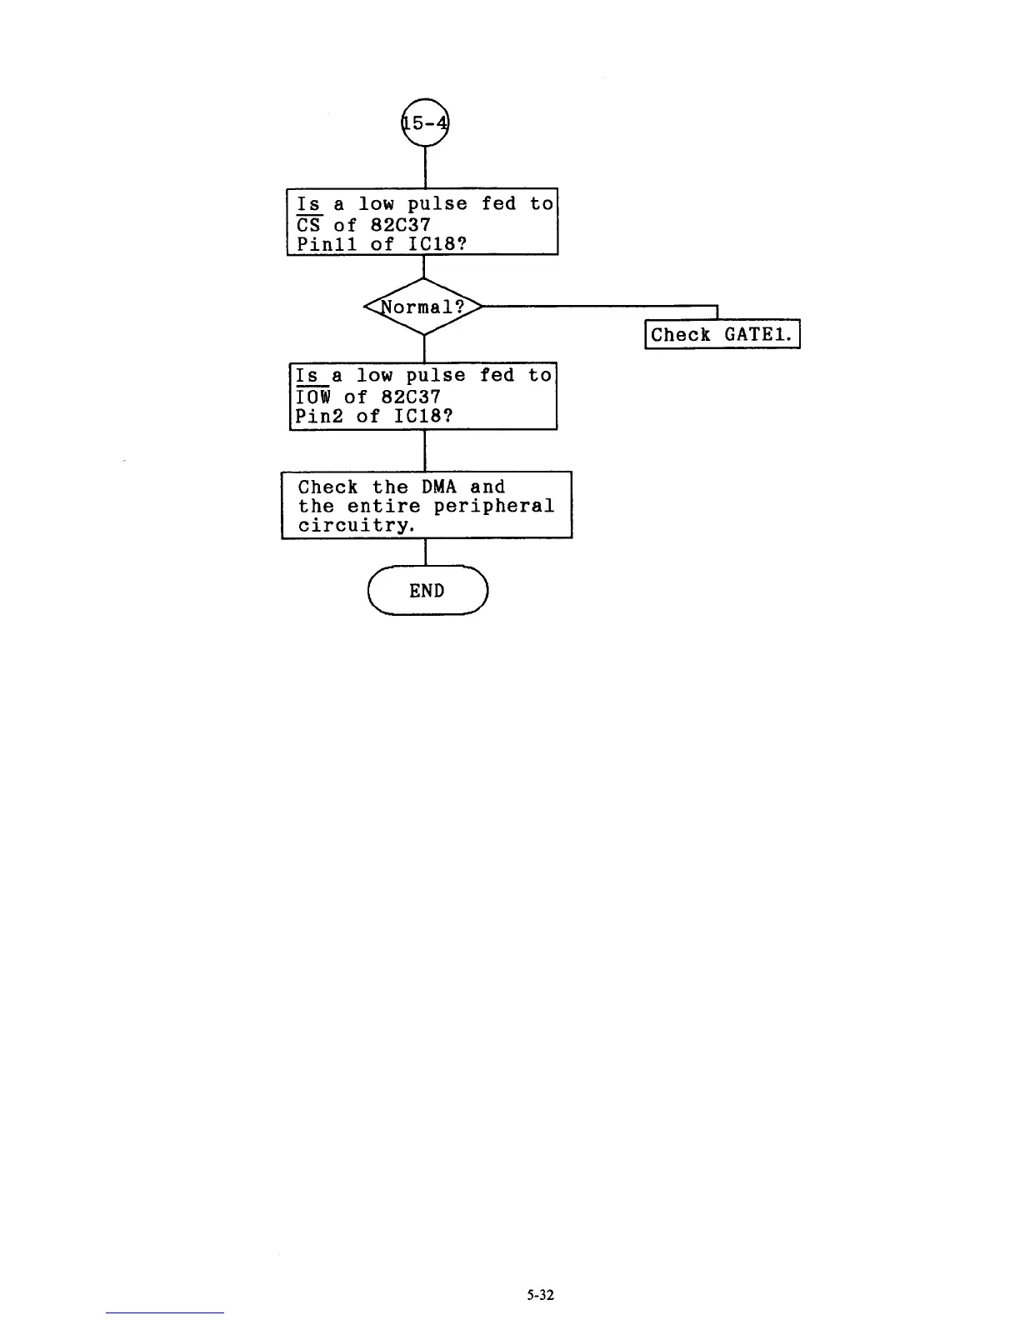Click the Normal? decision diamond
pos(424,307)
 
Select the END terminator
pos(427,591)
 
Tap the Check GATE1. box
pos(722,335)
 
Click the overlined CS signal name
pos(309,225)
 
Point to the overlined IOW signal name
pos(314,397)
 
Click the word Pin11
pos(327,244)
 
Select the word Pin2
pos(320,417)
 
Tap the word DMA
pos(438,487)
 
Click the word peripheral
pos(493,507)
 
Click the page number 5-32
pos(540,1295)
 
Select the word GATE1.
pos(757,335)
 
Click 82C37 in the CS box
pos(400,225)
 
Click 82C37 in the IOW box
pos(410,397)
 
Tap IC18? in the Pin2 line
pos(423,417)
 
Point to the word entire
pos(383,507)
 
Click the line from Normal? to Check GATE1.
pos(600,307)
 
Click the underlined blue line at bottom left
pos(165,1312)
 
